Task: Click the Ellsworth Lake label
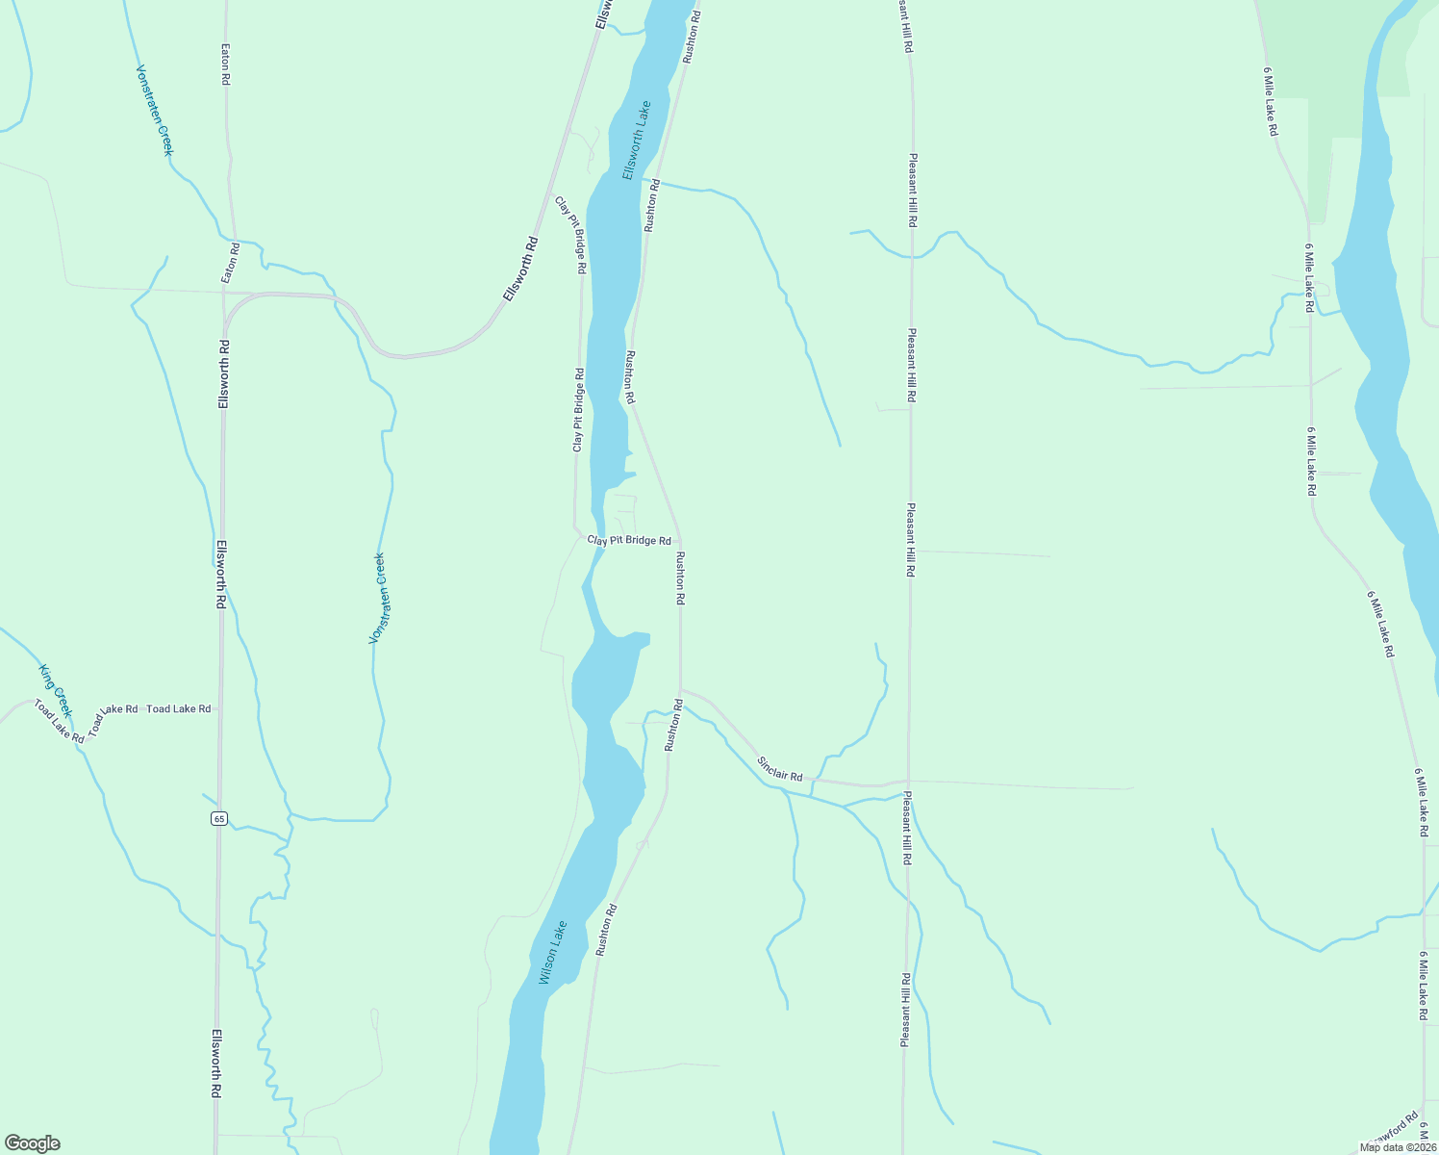pyautogui.click(x=636, y=141)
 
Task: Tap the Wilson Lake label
pyautogui.click(x=553, y=953)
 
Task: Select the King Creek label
pyautogui.click(x=55, y=682)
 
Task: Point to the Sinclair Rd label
pyautogui.click(x=779, y=769)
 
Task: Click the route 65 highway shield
pyautogui.click(x=219, y=819)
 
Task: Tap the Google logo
pyautogui.click(x=33, y=1143)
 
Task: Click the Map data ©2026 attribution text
pyautogui.click(x=1397, y=1147)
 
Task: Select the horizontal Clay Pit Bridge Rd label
pyautogui.click(x=629, y=541)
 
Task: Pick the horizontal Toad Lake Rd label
pyautogui.click(x=179, y=709)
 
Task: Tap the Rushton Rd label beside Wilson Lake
pyautogui.click(x=605, y=929)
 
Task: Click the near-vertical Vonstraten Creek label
pyautogui.click(x=378, y=598)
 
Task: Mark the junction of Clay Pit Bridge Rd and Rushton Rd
pyautogui.click(x=680, y=541)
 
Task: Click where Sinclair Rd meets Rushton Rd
pyautogui.click(x=680, y=690)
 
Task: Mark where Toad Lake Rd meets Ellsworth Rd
pyautogui.click(x=220, y=709)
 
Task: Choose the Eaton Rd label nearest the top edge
pyautogui.click(x=226, y=65)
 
